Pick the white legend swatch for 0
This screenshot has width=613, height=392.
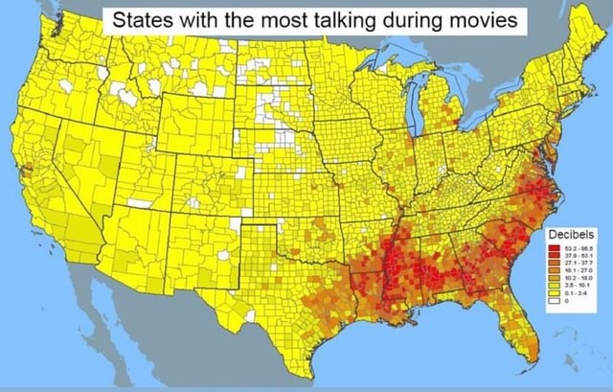(552, 300)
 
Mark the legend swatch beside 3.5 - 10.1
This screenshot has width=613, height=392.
(552, 285)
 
